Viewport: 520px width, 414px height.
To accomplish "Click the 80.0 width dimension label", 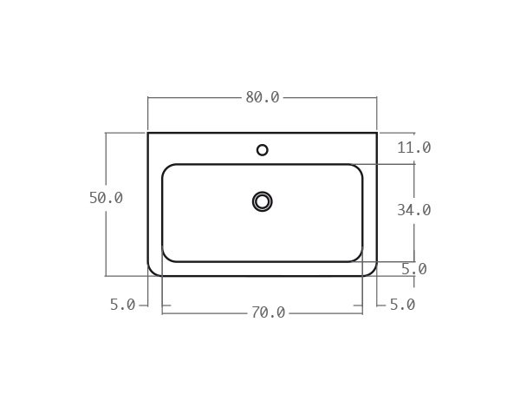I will (x=262, y=97).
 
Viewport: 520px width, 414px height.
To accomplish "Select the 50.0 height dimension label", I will (x=106, y=198).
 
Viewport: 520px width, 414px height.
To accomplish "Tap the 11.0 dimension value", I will (x=413, y=148).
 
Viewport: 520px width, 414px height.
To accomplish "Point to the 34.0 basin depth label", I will (x=413, y=210).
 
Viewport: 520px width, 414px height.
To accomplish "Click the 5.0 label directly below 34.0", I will (x=413, y=269).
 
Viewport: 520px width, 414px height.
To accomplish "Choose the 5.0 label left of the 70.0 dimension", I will (x=122, y=305).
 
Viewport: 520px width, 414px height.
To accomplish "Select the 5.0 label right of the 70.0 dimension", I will (x=401, y=305).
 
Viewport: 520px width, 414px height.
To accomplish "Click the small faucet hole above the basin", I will (x=263, y=150).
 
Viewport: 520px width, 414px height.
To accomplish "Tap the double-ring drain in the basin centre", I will (x=263, y=201).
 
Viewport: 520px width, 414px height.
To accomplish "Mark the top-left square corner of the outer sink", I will (x=148, y=133).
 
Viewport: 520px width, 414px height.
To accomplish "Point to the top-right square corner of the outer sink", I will (x=377, y=133).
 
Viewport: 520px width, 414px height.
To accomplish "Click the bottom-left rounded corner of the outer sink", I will (x=151, y=273).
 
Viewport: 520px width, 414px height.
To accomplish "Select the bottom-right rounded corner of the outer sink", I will (x=374, y=273).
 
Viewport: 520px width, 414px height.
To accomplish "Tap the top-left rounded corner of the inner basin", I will (x=166, y=168).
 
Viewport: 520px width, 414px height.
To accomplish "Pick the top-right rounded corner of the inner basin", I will (x=359, y=168).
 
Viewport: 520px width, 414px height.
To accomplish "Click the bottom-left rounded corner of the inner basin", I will (x=166, y=258).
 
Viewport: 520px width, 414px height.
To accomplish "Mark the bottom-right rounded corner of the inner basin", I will (x=359, y=258).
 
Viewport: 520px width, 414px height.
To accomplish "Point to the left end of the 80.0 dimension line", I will (x=148, y=97).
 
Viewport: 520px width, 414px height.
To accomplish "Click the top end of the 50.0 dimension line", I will (x=106, y=133).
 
